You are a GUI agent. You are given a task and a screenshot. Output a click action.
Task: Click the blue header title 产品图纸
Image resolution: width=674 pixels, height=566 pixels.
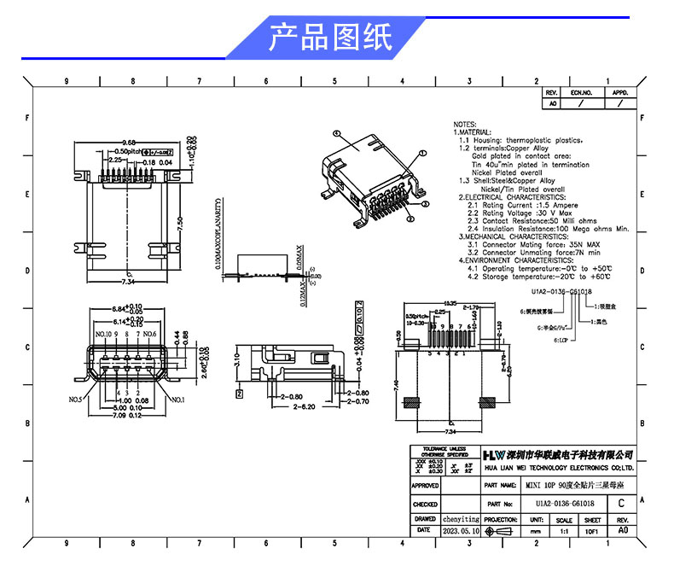(x=330, y=38)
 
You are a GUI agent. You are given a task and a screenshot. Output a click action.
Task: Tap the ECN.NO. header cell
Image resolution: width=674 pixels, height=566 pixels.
(x=581, y=91)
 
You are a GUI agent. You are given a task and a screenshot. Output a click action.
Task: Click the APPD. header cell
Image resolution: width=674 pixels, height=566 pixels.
(x=619, y=91)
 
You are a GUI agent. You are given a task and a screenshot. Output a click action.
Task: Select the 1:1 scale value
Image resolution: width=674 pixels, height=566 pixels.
(x=564, y=530)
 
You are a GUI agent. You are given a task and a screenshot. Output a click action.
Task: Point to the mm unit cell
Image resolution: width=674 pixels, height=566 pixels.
(x=536, y=530)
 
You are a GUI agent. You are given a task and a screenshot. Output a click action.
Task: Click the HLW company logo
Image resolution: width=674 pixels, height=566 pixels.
(x=494, y=453)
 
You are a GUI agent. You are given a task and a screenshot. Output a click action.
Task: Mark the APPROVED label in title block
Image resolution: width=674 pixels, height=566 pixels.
(x=425, y=484)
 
